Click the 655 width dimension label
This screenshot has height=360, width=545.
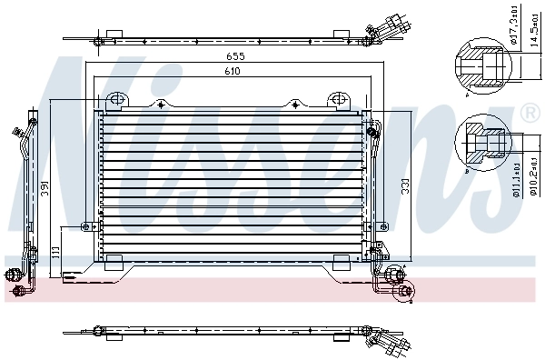pyautogui.click(x=236, y=56)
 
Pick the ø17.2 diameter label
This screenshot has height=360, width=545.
pyautogui.click(x=513, y=34)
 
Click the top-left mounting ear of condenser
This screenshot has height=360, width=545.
pyautogui.click(x=114, y=99)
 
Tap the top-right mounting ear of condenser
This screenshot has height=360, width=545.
pyautogui.click(x=338, y=99)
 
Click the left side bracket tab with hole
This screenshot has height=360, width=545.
pyautogui.click(x=88, y=226)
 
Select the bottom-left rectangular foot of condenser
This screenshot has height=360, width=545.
pyautogui.click(x=114, y=264)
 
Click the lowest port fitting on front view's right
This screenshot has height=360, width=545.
pyautogui.click(x=403, y=291)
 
